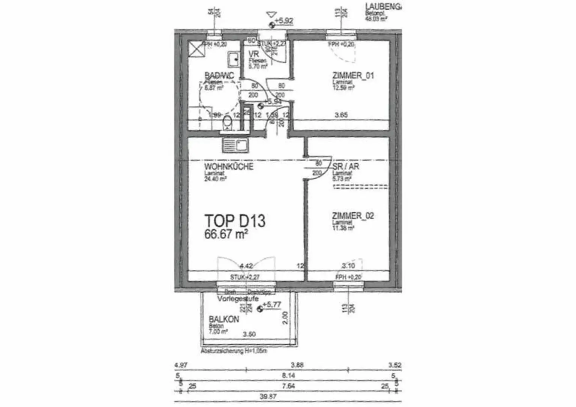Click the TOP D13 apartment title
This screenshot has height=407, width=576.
coord(235,221)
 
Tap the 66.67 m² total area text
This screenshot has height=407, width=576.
coord(226,234)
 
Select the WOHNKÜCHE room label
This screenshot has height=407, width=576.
coord(228,167)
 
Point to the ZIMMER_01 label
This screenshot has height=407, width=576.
coord(353,76)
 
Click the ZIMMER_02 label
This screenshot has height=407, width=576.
coord(353,216)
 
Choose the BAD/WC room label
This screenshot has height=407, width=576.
coord(219,76)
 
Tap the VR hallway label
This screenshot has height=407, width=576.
coord(254,54)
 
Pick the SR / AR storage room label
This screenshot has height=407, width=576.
coord(346,166)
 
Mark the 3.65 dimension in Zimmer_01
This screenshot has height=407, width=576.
coord(341,115)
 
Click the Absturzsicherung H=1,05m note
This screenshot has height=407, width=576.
coord(234,351)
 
